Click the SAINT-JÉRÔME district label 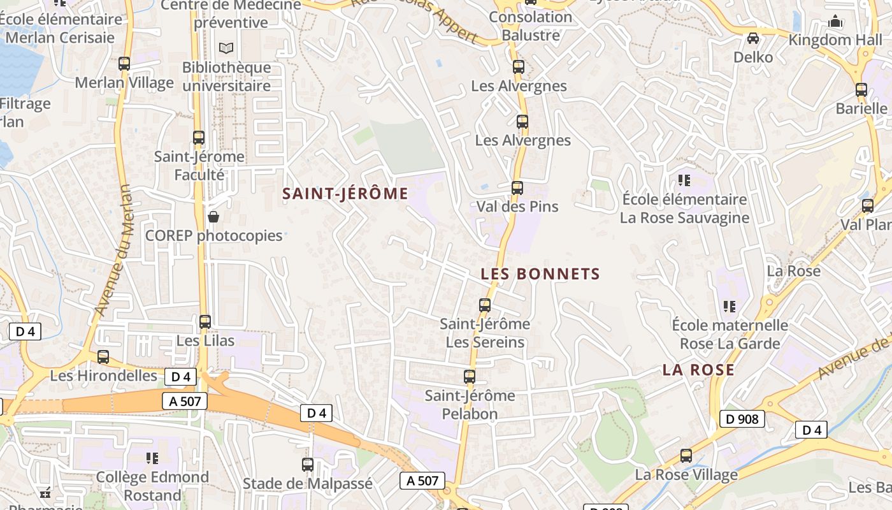pos(345,194)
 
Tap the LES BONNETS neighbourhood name pos(540,274)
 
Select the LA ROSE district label pos(698,370)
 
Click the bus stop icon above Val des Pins pos(517,188)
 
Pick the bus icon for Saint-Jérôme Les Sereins pos(485,305)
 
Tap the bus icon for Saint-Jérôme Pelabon pos(470,377)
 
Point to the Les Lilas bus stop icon pos(205,322)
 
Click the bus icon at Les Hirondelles pos(103,357)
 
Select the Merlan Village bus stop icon pos(124,64)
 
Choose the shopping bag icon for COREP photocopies pos(213,217)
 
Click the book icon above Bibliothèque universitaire pos(226,48)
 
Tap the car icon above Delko pos(753,38)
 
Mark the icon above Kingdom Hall pos(835,22)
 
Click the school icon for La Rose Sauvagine pos(684,180)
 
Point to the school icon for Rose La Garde pos(730,307)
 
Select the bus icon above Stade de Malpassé pos(308,465)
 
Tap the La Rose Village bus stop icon pos(686,456)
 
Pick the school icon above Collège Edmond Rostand pos(152,458)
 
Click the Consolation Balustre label pos(530,26)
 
